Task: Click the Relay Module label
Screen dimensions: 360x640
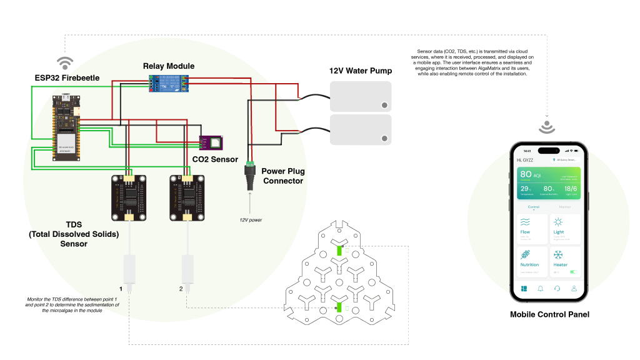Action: tap(168, 66)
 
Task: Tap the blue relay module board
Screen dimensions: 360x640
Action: tap(168, 83)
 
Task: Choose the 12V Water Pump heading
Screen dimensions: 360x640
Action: tap(361, 71)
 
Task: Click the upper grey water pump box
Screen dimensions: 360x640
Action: tap(360, 96)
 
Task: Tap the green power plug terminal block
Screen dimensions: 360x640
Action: tap(250, 166)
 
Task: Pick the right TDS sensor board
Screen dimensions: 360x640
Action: tap(187, 197)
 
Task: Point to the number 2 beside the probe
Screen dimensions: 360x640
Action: tap(181, 289)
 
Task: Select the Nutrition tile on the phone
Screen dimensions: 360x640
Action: tap(532, 262)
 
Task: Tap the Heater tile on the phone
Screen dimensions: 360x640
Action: tap(566, 262)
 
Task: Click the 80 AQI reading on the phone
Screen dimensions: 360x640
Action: tap(531, 175)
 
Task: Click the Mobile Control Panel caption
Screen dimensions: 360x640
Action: tap(549, 314)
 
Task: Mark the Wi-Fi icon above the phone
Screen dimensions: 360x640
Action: tap(547, 127)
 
